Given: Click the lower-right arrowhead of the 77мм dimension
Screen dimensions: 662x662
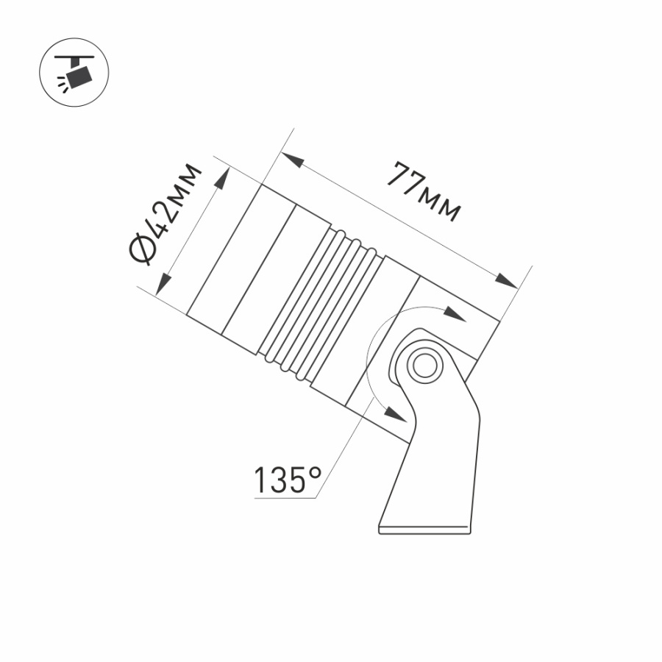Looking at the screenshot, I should coord(506,282).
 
